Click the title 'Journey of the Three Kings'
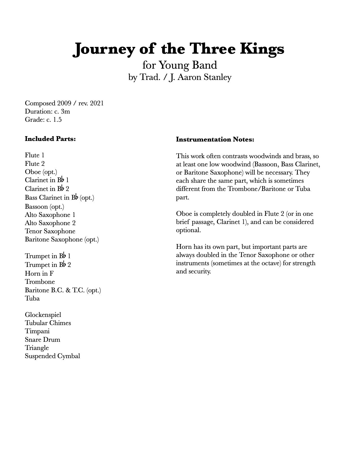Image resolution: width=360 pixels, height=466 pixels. coord(178,49)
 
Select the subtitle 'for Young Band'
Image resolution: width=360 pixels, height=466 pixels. coord(180,65)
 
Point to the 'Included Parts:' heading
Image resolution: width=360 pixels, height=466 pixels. coord(50,139)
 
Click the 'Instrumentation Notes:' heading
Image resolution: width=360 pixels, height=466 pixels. coord(215,140)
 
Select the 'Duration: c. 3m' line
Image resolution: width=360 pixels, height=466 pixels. coord(47,111)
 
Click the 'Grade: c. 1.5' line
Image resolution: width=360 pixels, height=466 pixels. coord(43,119)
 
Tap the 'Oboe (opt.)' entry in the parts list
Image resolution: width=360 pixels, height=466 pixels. coord(41,172)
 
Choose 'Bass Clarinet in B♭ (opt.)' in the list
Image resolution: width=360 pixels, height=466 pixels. coord(59,197)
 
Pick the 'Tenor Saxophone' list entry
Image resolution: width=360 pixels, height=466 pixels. coord(50,231)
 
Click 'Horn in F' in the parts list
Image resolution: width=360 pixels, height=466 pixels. coord(39,273)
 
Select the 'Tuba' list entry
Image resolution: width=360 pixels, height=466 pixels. coord(32,298)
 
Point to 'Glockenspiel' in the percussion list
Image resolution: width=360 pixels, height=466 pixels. coord(43,315)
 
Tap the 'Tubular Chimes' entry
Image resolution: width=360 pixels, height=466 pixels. coord(48,323)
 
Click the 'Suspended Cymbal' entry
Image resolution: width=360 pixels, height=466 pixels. coord(52,356)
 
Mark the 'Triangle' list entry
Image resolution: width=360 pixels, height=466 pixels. coord(37,348)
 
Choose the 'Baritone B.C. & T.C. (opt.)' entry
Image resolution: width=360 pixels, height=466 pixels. coord(63,290)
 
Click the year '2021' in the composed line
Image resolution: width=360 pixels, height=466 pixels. coord(97,103)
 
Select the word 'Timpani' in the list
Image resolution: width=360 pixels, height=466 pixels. coord(37,331)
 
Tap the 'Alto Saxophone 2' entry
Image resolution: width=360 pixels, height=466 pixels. coord(50,223)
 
